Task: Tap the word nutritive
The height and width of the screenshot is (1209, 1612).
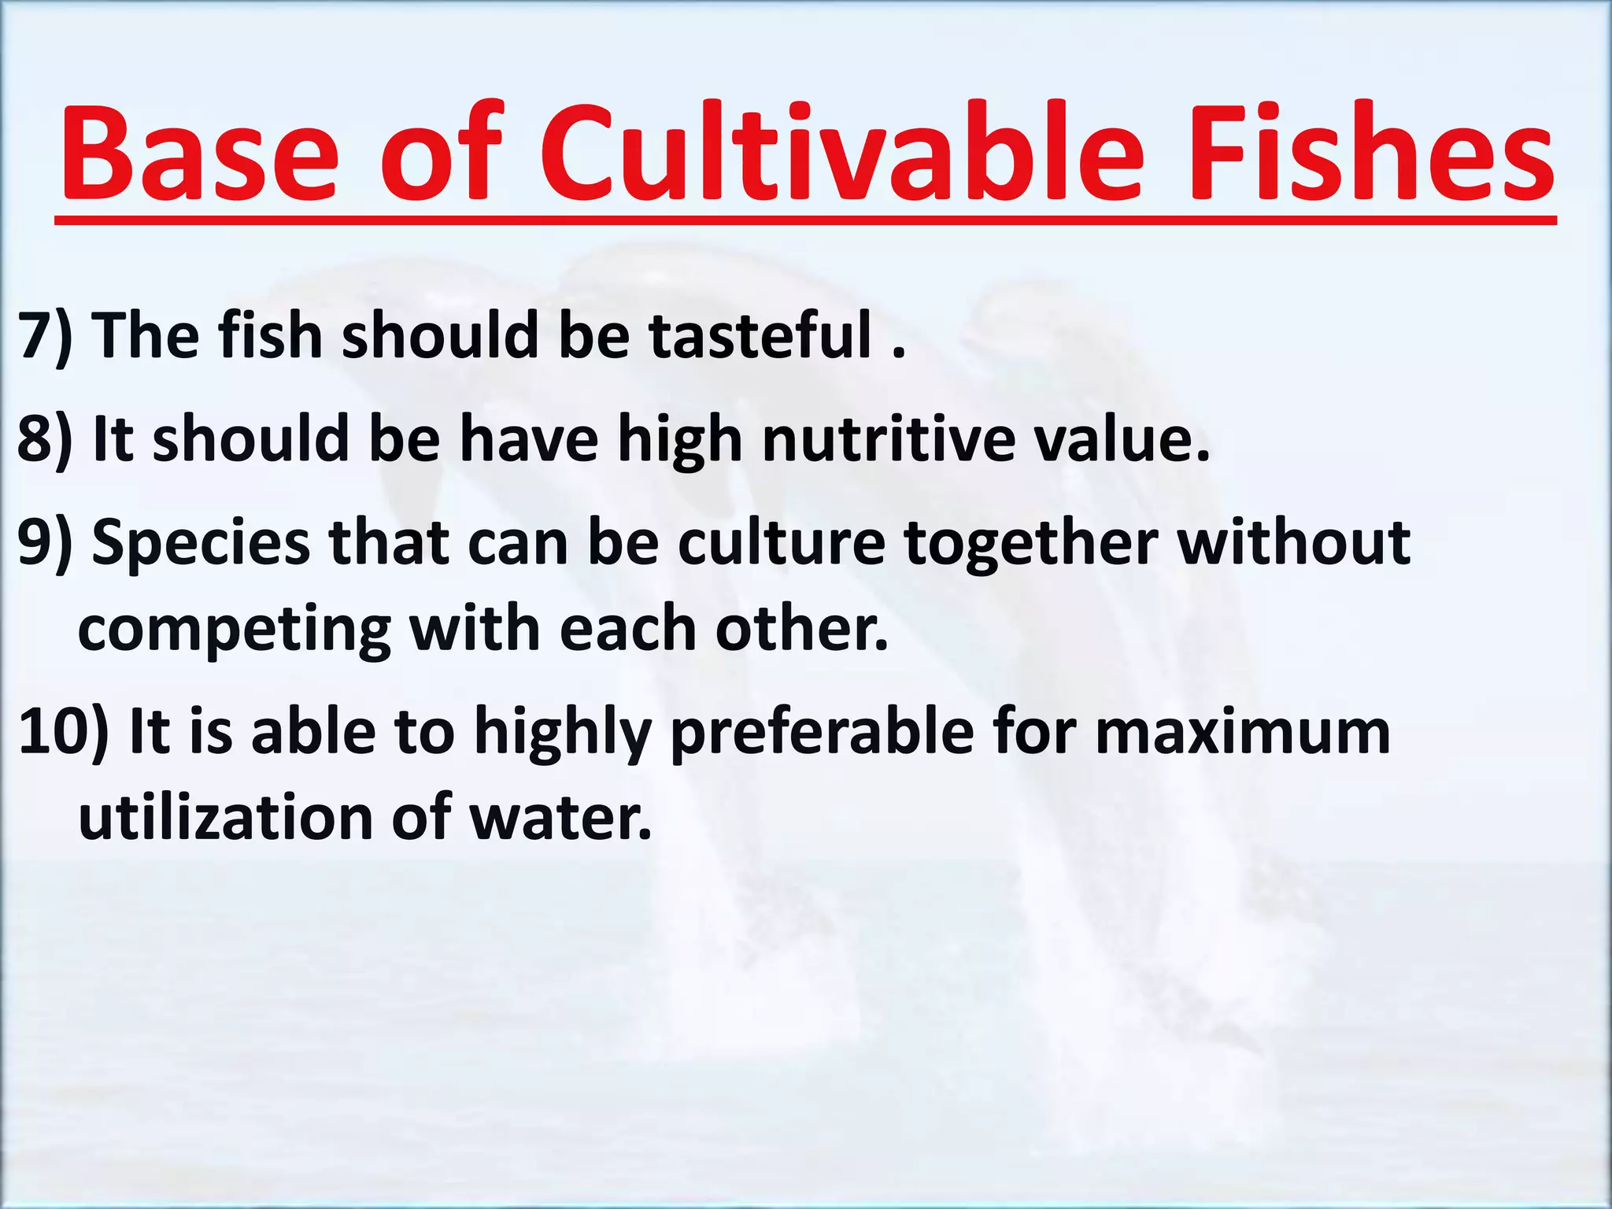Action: click(889, 439)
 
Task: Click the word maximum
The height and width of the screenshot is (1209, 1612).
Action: click(1243, 733)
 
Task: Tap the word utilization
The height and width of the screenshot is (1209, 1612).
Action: click(225, 819)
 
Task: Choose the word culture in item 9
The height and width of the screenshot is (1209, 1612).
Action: click(782, 543)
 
